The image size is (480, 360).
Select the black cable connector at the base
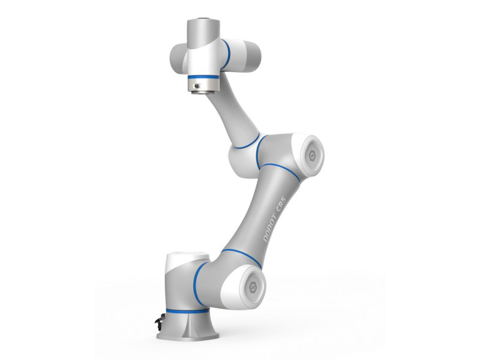158,321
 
